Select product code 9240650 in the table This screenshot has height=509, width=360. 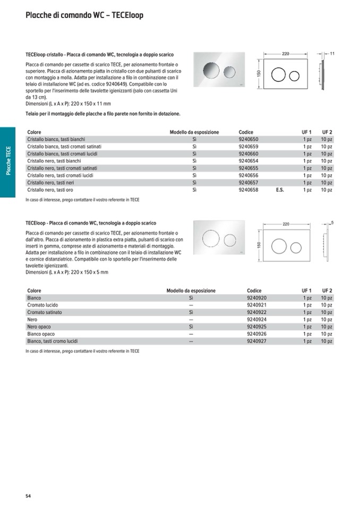[248, 139]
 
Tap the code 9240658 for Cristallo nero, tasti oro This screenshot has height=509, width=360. [248, 189]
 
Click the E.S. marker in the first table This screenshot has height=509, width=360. [280, 189]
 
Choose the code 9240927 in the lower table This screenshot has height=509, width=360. [256, 341]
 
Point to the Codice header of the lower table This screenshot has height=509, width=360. [254, 291]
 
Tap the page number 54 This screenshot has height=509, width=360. [28, 496]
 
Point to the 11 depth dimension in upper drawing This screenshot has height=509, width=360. [332, 54]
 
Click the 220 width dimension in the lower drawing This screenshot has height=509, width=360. [286, 225]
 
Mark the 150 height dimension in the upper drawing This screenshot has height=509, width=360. [259, 75]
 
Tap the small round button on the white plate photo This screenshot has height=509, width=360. [229, 240]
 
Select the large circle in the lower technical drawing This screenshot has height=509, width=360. [279, 246]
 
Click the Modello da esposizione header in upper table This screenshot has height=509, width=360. [194, 132]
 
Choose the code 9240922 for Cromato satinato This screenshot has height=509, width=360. [256, 313]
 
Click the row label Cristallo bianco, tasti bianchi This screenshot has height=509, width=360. [56, 139]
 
